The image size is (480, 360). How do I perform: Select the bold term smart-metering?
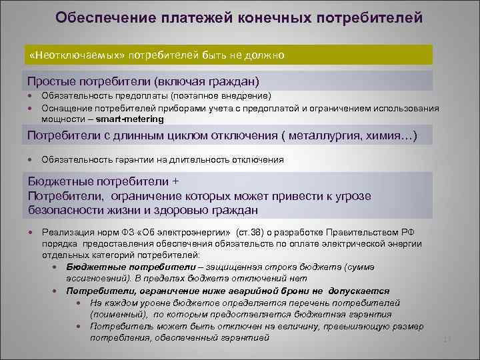coord(129,119)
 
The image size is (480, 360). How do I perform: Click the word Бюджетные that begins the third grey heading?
coord(59,181)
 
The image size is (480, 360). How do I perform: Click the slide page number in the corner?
coord(447,341)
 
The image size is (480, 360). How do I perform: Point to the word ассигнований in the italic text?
coord(93,278)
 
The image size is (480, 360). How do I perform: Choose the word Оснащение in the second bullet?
coord(63,108)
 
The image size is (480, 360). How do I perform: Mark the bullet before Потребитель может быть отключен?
coord(79,326)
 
